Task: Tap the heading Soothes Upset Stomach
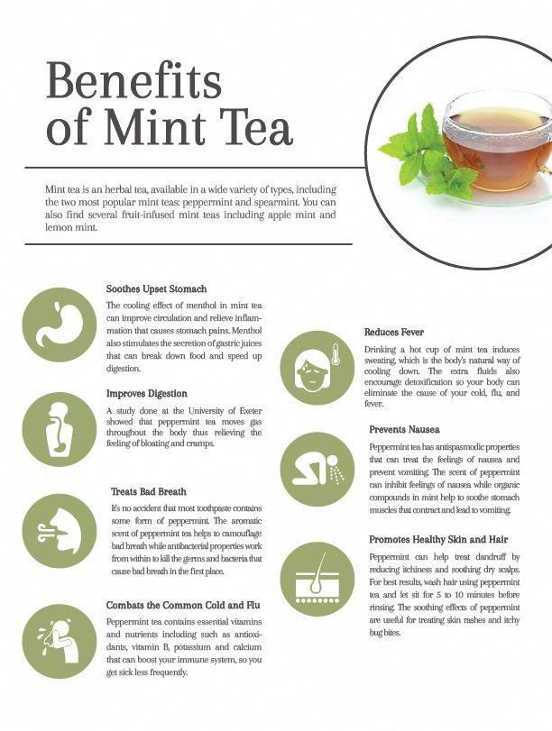pyautogui.click(x=156, y=289)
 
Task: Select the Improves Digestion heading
pyautogui.click(x=146, y=394)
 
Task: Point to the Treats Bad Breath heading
pyautogui.click(x=149, y=491)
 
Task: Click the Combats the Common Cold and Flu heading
pyautogui.click(x=183, y=605)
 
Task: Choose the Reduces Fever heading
pyautogui.click(x=394, y=332)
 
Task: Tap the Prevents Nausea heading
pyautogui.click(x=404, y=429)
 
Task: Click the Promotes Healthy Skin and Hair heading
pyautogui.click(x=438, y=539)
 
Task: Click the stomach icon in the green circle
pyautogui.click(x=60, y=325)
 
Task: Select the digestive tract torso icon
pyautogui.click(x=60, y=429)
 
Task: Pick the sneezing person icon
pyautogui.click(x=60, y=641)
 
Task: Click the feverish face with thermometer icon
pyautogui.click(x=317, y=368)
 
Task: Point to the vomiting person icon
pyautogui.click(x=317, y=470)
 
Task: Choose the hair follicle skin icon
pyautogui.click(x=317, y=579)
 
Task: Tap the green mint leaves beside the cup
pyautogui.click(x=427, y=151)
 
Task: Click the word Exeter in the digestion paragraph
pyautogui.click(x=250, y=411)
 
